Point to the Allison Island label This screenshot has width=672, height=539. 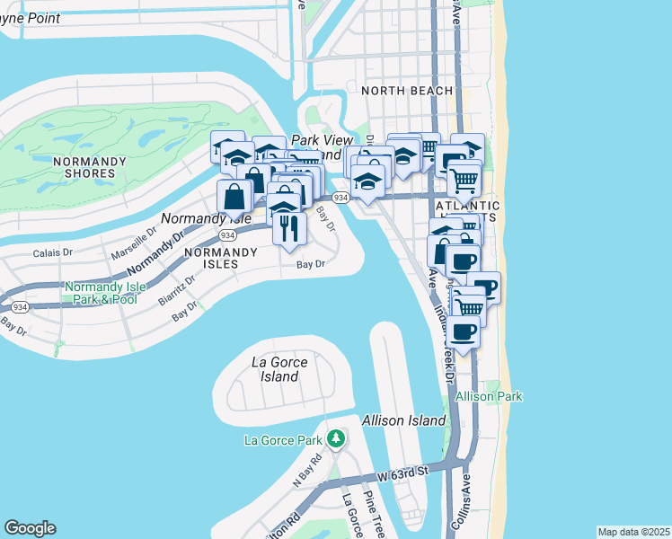[x=403, y=420]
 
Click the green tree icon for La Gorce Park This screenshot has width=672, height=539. [x=336, y=439]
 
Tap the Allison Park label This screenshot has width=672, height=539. [x=489, y=396]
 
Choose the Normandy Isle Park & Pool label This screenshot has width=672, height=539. [x=102, y=293]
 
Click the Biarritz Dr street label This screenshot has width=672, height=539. [x=179, y=291]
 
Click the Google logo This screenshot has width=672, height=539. [x=30, y=528]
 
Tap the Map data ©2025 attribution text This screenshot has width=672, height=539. [x=633, y=532]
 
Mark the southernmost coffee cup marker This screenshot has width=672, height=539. [x=463, y=331]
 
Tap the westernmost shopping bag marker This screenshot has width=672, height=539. [x=234, y=196]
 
